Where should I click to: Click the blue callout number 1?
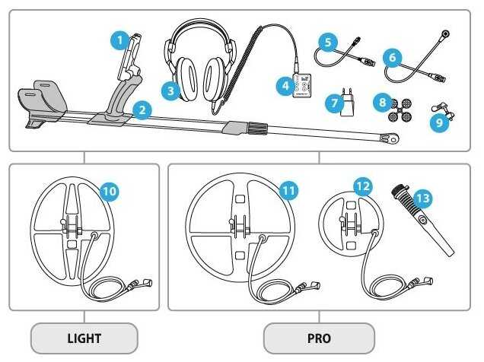coord(119,40)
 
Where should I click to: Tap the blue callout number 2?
coord(142,110)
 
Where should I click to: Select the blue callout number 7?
coord(335,103)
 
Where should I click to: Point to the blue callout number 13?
coord(422,198)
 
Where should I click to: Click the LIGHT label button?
coord(84,338)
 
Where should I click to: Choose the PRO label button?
coord(319,338)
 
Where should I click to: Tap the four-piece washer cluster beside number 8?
coord(400,110)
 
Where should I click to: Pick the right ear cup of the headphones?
coord(215,79)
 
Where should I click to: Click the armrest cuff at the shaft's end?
coord(43,100)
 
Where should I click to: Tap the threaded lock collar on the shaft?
coord(256,128)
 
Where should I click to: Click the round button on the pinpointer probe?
coord(422,220)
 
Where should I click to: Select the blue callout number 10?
coord(110,192)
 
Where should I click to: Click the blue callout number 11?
coord(288,190)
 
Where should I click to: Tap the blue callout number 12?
coord(363,186)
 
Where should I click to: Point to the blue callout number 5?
coord(328,42)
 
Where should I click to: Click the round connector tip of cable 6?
coord(445,33)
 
